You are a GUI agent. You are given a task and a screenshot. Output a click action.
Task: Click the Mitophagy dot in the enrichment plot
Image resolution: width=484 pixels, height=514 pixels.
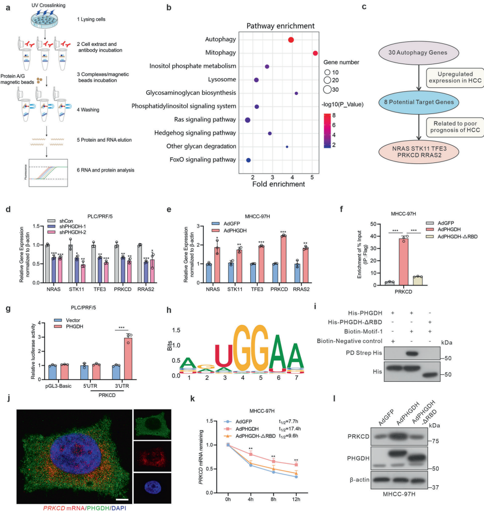point(315,53)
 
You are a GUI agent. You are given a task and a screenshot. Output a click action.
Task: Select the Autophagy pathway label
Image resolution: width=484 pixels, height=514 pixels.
point(221,39)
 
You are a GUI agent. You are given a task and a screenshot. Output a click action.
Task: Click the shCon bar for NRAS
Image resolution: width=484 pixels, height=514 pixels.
point(47,266)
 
